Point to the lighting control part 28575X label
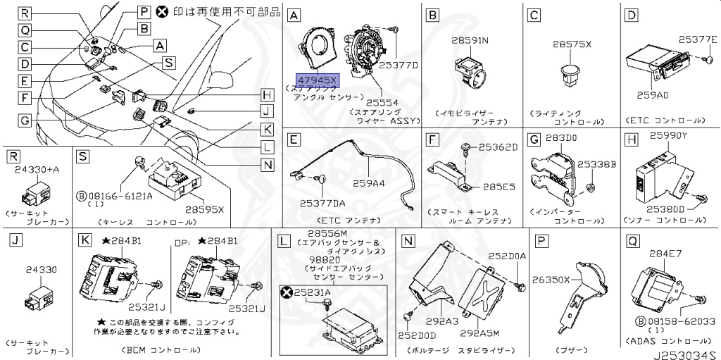tap(571, 44)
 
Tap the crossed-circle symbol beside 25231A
tap(286, 292)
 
